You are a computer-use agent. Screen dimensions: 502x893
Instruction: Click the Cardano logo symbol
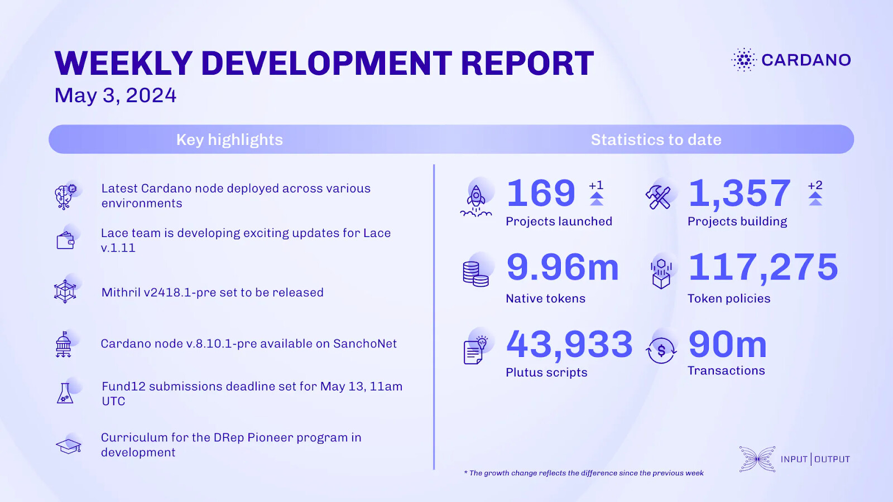pos(744,60)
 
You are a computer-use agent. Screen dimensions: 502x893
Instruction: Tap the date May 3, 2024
pos(116,95)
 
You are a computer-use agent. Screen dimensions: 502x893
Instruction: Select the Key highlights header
pos(229,139)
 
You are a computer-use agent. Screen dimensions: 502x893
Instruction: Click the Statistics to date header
pos(656,139)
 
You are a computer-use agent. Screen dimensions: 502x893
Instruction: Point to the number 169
pos(541,193)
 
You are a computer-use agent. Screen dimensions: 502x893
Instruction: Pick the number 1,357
pos(740,193)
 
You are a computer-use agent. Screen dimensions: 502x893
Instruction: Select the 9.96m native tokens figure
pos(563,267)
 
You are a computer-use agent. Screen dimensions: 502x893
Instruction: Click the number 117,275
pos(763,267)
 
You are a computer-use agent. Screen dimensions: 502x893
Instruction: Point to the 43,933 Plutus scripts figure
pos(569,344)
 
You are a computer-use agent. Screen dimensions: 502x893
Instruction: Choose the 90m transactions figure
pos(727,344)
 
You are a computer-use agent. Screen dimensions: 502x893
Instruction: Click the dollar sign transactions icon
pos(661,351)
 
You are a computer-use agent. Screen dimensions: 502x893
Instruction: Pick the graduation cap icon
pos(69,446)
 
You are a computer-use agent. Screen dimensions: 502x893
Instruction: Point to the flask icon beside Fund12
pos(65,393)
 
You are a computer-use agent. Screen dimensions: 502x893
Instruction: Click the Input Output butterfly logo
pos(757,459)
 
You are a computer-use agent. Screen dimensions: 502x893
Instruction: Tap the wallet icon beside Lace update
pos(65,240)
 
